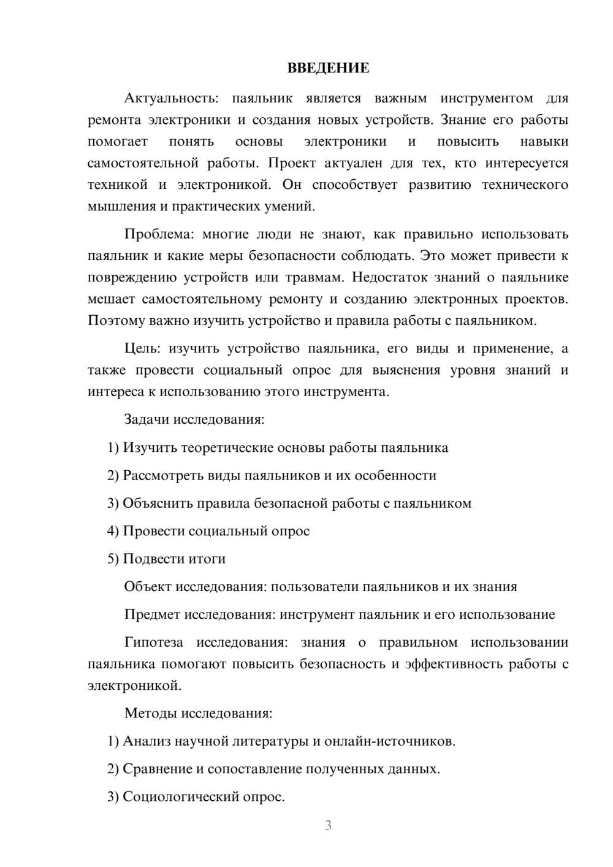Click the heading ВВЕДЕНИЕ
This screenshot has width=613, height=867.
click(328, 68)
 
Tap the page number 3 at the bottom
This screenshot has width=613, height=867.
click(328, 825)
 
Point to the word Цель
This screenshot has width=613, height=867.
click(142, 349)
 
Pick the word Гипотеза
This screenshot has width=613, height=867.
click(153, 643)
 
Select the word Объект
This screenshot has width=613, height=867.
click(148, 587)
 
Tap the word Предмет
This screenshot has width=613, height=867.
click(152, 614)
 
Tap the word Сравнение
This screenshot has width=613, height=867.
click(157, 769)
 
